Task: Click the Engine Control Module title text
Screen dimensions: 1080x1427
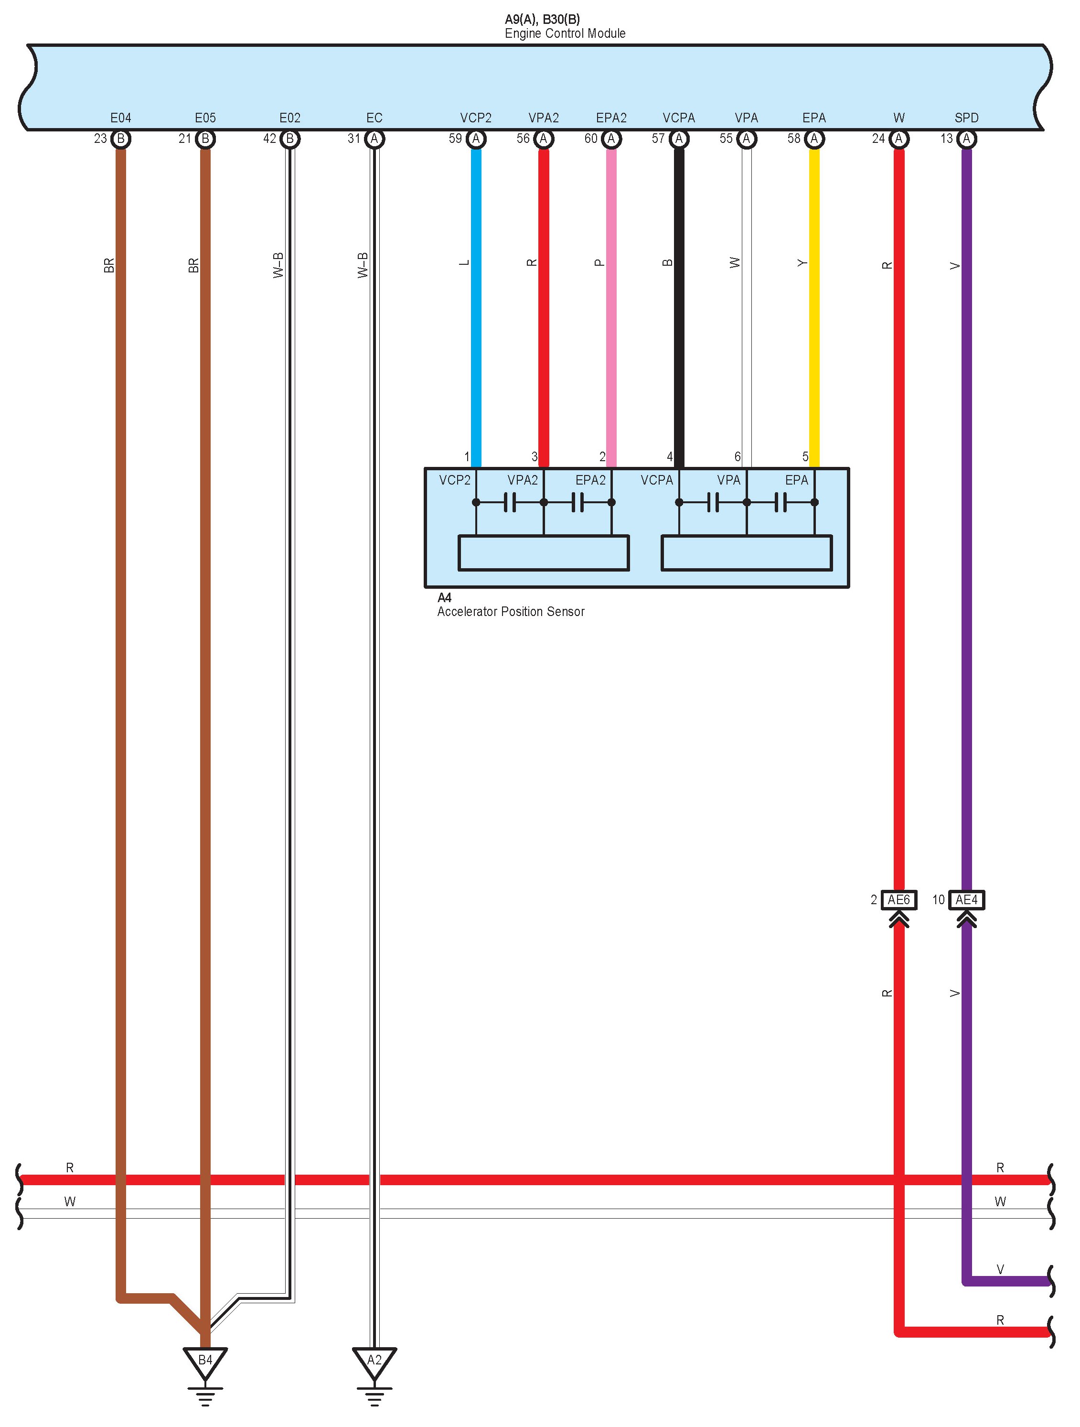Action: pos(565,33)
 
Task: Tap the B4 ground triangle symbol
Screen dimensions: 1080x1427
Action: pos(205,1361)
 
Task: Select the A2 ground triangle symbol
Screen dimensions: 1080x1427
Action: pos(374,1361)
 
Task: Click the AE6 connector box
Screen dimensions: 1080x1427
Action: pos(899,900)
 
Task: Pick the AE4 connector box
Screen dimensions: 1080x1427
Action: pos(966,900)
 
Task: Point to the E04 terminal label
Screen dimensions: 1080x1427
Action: pos(120,118)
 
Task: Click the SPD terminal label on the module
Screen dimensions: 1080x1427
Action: pos(966,118)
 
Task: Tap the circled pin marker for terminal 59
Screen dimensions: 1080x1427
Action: pos(476,139)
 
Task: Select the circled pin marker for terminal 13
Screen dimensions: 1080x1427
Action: pos(966,139)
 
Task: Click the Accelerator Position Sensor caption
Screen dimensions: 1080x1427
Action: pos(511,612)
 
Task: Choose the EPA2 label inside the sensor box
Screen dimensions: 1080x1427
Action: pos(590,480)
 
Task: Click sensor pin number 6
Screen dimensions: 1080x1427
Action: pos(738,457)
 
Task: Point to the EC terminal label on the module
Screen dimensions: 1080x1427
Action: pos(374,118)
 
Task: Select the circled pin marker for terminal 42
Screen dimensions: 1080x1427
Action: pos(289,139)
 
